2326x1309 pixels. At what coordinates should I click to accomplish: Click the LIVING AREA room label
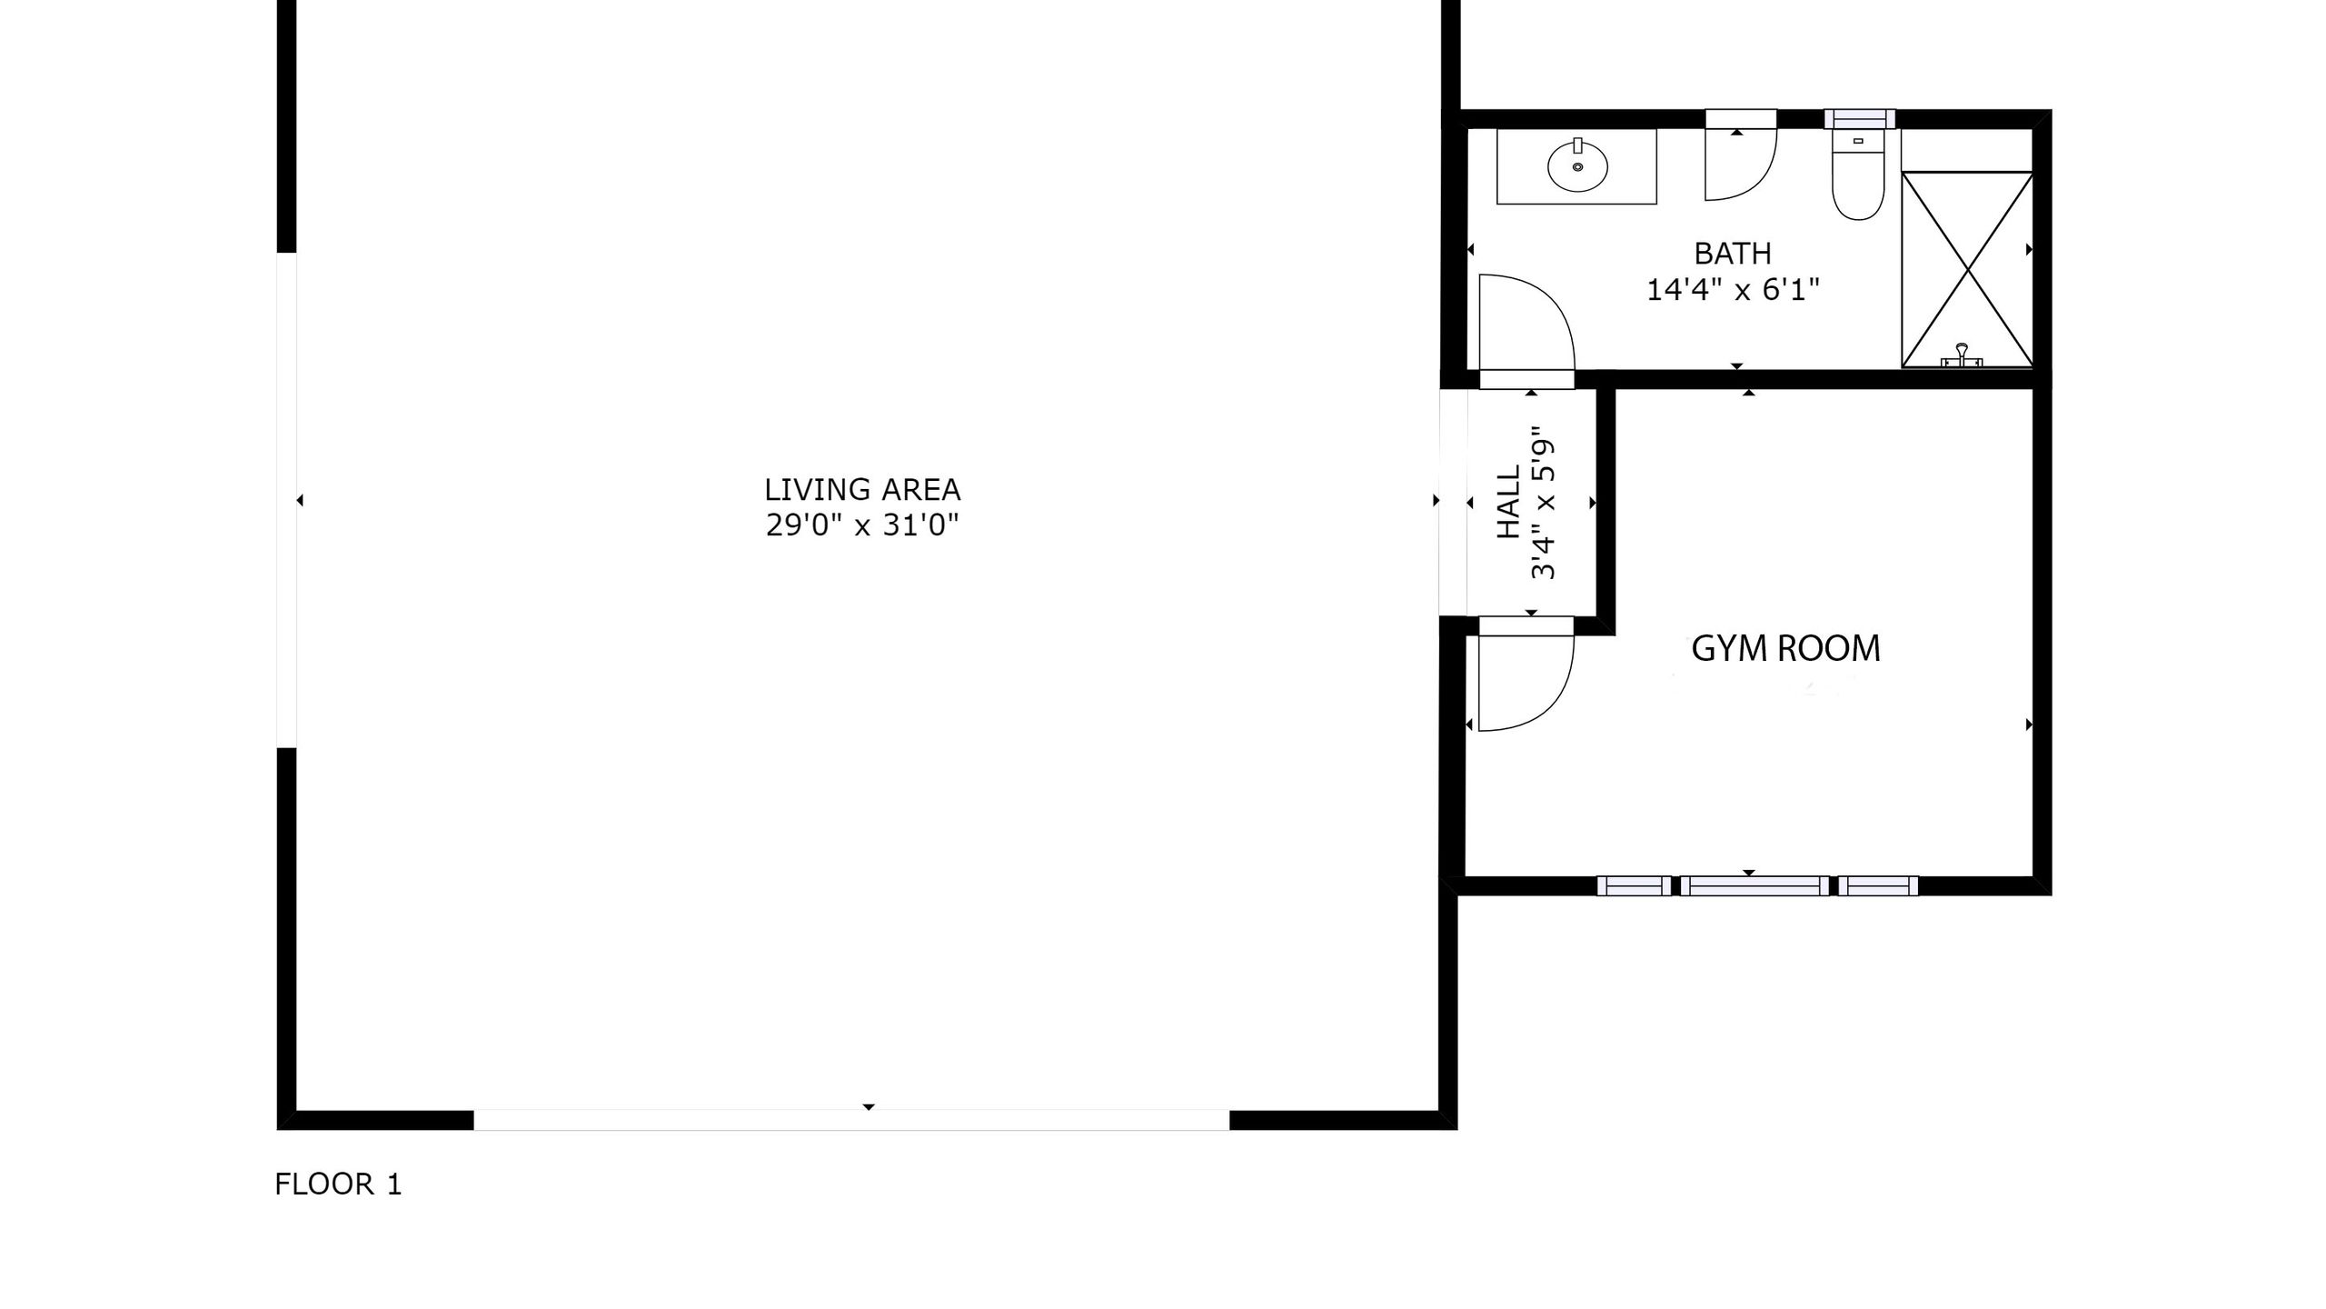pos(861,490)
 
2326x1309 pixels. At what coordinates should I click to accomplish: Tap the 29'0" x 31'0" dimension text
pos(861,525)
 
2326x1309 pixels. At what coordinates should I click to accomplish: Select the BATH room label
pos(1733,253)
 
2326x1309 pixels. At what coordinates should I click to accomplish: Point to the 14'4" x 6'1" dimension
pos(1733,290)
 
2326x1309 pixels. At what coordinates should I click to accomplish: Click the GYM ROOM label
pos(1785,648)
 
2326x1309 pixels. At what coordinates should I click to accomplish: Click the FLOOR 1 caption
pos(338,1184)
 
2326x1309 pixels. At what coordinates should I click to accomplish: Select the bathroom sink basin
pos(1577,166)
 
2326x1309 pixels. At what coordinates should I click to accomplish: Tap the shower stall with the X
pos(1967,269)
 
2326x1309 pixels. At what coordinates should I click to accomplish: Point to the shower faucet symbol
pos(1962,355)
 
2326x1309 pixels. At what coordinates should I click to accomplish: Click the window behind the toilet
pos(1860,119)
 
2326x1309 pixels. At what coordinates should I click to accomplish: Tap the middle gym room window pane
pos(1754,885)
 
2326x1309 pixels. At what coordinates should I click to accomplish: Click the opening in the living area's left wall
pos(286,500)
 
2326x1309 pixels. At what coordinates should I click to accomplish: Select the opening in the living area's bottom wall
pos(851,1120)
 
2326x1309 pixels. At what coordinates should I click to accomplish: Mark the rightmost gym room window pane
pos(1878,885)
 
